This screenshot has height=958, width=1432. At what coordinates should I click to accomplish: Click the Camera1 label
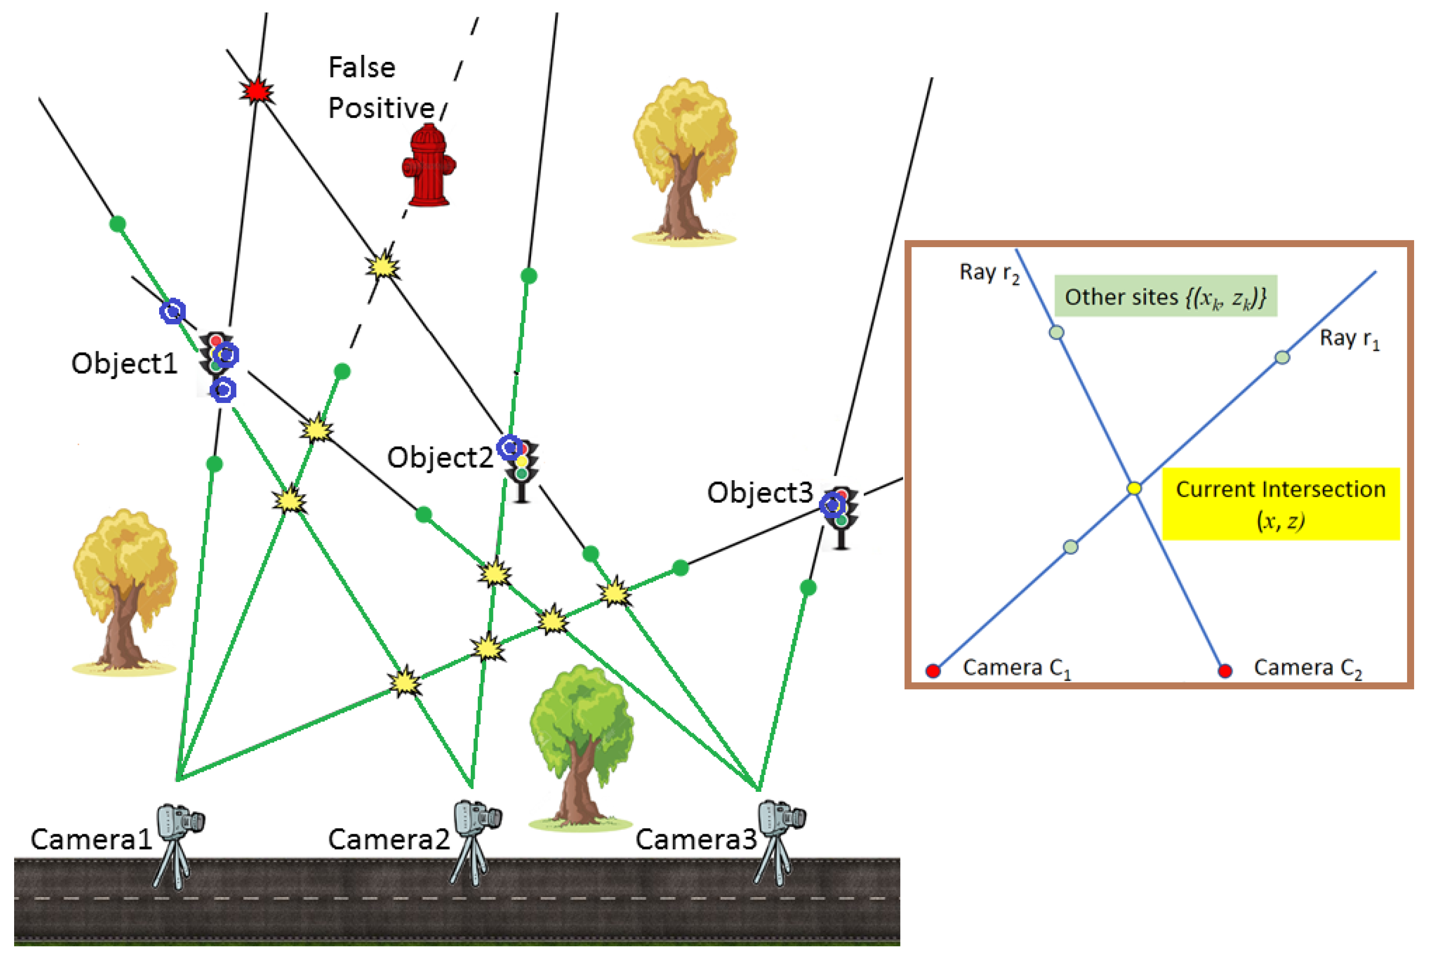(x=91, y=840)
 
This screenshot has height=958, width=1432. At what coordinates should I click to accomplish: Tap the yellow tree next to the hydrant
(x=685, y=162)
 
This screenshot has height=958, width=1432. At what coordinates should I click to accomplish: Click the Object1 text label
(x=124, y=363)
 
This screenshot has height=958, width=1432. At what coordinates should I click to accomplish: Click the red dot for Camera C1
(x=932, y=671)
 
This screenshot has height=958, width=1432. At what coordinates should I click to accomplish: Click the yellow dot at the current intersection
(x=1134, y=488)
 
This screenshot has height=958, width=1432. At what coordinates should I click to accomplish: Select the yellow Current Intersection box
(x=1280, y=504)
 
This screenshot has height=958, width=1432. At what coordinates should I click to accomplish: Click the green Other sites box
(x=1165, y=297)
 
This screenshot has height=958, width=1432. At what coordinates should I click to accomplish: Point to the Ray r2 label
(x=988, y=273)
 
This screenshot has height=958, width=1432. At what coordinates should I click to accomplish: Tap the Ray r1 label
(x=1349, y=338)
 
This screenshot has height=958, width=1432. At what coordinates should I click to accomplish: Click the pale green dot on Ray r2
(x=1056, y=332)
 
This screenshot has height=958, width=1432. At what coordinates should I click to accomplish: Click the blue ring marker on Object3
(x=832, y=505)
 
